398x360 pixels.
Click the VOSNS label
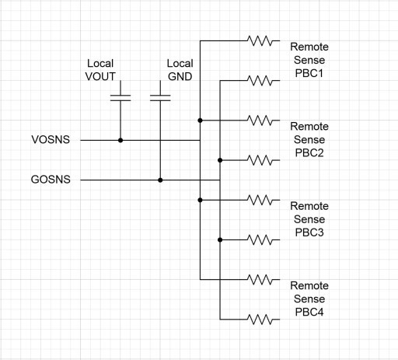point(51,139)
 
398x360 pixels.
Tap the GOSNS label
point(51,180)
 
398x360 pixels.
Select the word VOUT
point(100,76)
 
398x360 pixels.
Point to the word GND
point(180,76)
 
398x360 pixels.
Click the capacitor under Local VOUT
point(120,98)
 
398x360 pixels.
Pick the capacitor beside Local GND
point(160,98)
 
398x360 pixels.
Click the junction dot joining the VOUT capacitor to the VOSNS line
point(120,140)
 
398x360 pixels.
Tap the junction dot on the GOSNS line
point(160,180)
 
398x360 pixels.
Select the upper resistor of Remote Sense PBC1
point(260,40)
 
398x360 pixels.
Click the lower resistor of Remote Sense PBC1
point(260,81)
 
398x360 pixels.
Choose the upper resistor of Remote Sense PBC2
point(260,121)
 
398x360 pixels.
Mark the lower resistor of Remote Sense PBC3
point(260,239)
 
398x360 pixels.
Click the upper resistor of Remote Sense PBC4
point(260,279)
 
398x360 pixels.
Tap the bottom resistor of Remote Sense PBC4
point(260,320)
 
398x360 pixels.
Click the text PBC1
point(309,73)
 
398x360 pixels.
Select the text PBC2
point(309,153)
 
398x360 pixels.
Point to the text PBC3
point(309,232)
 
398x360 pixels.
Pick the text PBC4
point(309,312)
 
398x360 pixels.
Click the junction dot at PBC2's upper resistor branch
point(200,121)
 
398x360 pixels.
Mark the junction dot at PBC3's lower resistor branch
point(220,240)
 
